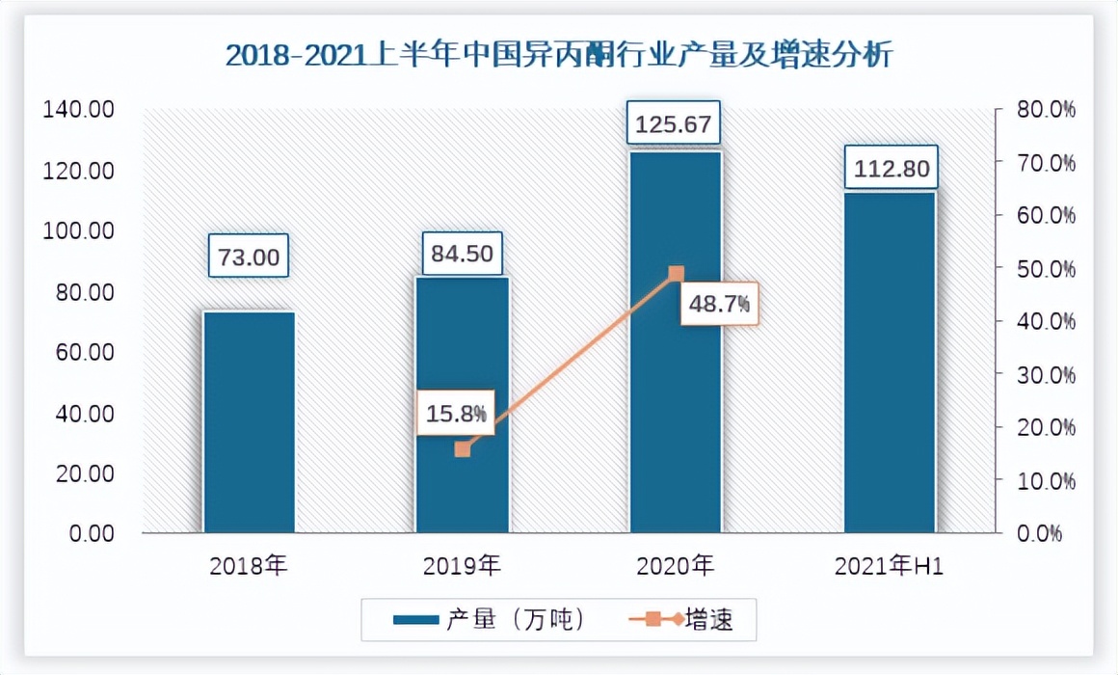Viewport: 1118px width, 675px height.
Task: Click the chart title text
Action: point(559,55)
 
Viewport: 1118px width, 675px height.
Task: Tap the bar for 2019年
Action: point(463,405)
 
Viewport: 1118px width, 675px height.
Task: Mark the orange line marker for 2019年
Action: point(463,448)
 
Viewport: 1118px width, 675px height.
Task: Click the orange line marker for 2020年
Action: point(676,274)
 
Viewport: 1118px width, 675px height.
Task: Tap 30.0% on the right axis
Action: point(1046,374)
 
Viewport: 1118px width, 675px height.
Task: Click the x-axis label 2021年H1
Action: point(891,566)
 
